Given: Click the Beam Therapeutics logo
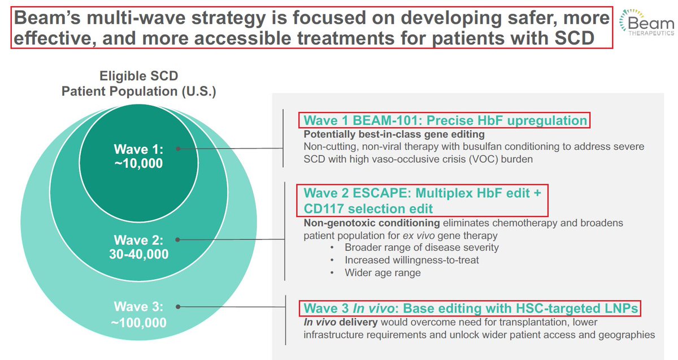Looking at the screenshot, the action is (x=646, y=23).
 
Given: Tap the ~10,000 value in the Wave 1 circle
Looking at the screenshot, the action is (x=138, y=163).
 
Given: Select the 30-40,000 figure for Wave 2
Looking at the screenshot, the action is (x=138, y=254).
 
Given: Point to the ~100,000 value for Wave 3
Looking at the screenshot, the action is (x=138, y=323).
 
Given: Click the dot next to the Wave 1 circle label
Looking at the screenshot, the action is (x=179, y=149).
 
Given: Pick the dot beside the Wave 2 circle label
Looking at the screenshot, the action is (x=177, y=240).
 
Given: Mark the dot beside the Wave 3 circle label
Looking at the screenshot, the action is (x=178, y=307).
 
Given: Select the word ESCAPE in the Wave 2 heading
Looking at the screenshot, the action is (x=382, y=193).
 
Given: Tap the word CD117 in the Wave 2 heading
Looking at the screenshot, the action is (x=324, y=209).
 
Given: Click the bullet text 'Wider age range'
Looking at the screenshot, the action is (x=383, y=273).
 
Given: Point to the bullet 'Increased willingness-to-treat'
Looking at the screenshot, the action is (x=412, y=260).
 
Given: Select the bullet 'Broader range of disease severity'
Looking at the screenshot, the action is (x=421, y=248).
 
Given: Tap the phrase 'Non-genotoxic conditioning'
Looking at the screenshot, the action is (x=372, y=223).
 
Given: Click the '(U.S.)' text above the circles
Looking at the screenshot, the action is (x=199, y=91).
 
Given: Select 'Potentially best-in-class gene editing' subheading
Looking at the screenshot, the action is (x=394, y=134).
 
